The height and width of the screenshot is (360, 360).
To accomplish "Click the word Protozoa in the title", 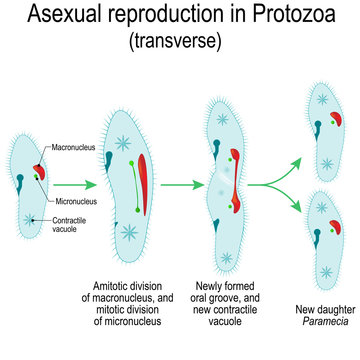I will (x=262, y=17).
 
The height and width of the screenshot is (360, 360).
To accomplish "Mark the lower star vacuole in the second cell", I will (x=130, y=234).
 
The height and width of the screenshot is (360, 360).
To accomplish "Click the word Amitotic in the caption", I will (x=103, y=285).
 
